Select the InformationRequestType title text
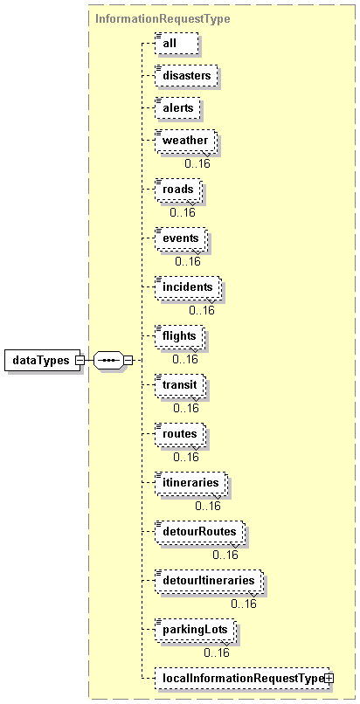click(x=163, y=19)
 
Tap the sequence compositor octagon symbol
click(x=107, y=360)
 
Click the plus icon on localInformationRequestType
click(x=329, y=680)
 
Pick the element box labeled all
click(x=177, y=43)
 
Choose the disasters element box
click(x=186, y=75)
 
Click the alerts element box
click(x=177, y=107)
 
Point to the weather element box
click(x=186, y=141)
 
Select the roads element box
click(x=178, y=190)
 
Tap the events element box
click(x=182, y=239)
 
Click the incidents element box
click(x=189, y=288)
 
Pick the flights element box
click(x=181, y=337)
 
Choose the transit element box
click(x=181, y=386)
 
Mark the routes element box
click(x=181, y=435)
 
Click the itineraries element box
click(x=191, y=484)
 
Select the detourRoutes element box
click(x=201, y=533)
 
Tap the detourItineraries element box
click(x=210, y=582)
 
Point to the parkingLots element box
click(x=196, y=631)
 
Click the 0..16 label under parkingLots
click(x=217, y=652)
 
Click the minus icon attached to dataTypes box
click(x=80, y=360)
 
